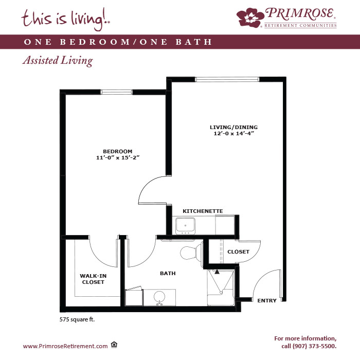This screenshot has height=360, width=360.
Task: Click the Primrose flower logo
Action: (250, 17)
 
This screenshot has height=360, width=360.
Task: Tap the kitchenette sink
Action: (185, 226)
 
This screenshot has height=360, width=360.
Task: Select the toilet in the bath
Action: (191, 252)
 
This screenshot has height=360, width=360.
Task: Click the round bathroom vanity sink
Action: (159, 297)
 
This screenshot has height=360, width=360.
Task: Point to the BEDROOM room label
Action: (118, 152)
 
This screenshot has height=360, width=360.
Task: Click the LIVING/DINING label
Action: (233, 127)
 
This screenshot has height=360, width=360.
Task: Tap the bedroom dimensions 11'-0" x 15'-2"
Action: (118, 157)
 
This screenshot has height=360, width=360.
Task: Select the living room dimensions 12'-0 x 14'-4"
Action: (233, 133)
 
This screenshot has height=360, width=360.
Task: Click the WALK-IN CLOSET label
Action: (93, 279)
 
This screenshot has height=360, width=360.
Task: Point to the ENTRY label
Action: (267, 300)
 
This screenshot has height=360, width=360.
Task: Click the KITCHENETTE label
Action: (203, 211)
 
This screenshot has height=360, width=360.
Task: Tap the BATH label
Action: (168, 273)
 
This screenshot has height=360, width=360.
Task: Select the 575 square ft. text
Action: (77, 319)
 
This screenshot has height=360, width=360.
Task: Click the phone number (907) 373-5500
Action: (314, 346)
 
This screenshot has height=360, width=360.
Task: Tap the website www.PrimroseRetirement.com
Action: (65, 346)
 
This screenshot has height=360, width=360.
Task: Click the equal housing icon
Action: (114, 345)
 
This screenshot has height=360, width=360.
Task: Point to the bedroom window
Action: (116, 92)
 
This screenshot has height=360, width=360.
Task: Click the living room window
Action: (227, 79)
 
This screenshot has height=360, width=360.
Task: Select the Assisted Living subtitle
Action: (58, 61)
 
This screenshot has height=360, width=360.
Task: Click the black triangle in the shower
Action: (217, 272)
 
